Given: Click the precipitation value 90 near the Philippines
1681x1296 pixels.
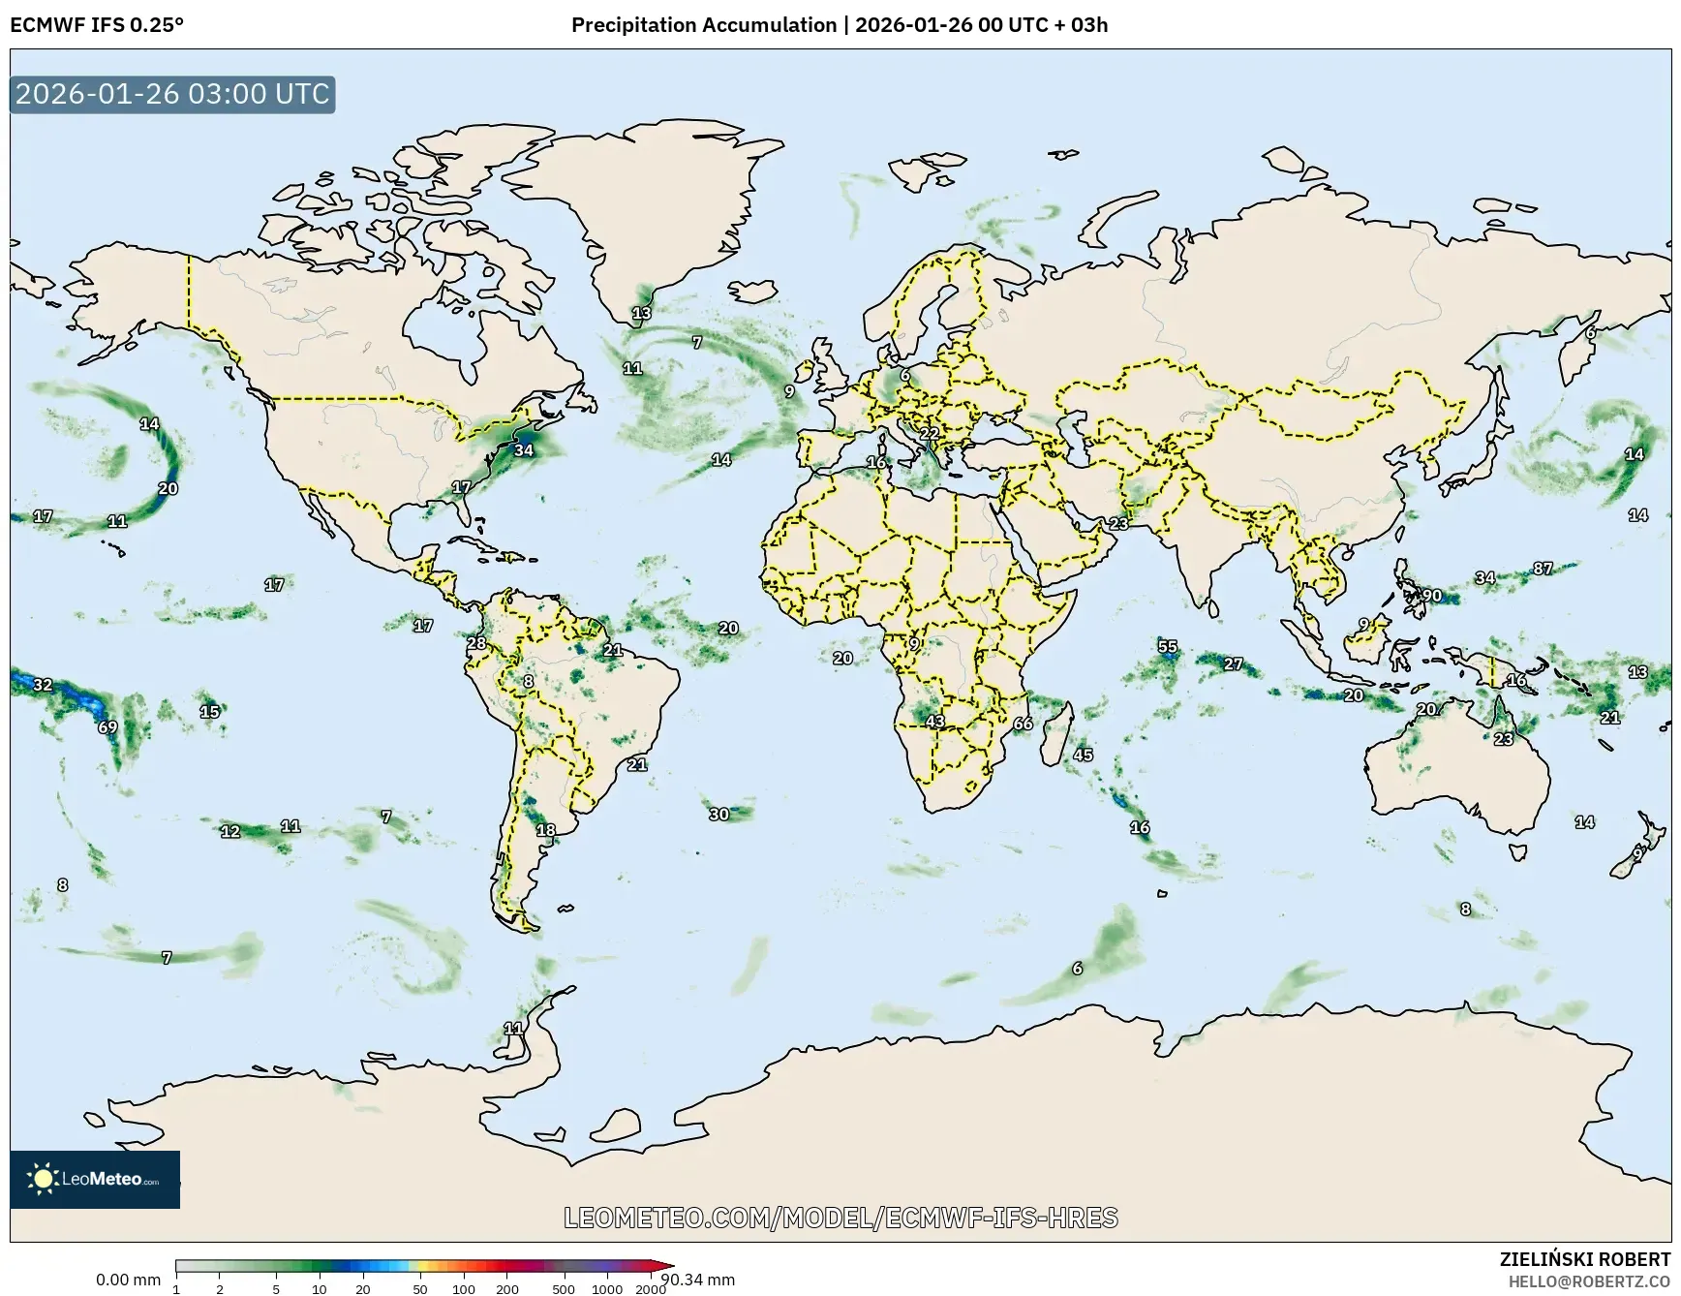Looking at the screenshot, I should [1431, 596].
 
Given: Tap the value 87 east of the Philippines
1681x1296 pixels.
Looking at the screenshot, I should [1543, 569].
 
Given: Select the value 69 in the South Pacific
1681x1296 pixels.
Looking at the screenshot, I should [107, 727].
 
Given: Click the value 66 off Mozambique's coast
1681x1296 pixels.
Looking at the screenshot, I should [1023, 724].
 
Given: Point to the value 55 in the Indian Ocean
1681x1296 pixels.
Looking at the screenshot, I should [1168, 646].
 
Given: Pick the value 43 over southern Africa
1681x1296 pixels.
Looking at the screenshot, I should [934, 721].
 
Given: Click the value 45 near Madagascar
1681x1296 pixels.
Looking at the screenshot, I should [1083, 755].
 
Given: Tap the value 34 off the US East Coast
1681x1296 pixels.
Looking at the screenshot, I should [523, 449].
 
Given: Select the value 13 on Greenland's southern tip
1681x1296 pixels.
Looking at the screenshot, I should [641, 313].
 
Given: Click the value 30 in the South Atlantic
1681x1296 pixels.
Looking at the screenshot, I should [718, 815].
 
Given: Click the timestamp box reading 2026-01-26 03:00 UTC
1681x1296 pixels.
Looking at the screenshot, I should [172, 94].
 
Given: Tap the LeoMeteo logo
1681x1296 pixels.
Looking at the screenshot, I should [95, 1179].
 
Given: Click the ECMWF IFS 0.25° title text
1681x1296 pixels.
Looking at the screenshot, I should [97, 25].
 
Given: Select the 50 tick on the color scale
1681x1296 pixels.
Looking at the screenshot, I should [420, 1289].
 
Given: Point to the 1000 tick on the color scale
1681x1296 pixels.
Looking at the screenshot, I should [607, 1289].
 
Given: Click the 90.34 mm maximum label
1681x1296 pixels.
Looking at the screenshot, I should [697, 1280].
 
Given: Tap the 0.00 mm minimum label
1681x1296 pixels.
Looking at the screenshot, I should [128, 1280].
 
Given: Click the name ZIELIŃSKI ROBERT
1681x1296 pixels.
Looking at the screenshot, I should [1584, 1259].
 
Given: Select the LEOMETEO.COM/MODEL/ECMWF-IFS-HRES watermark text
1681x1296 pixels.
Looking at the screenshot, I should [840, 1218].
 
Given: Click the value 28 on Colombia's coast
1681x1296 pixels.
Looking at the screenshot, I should [476, 643].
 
